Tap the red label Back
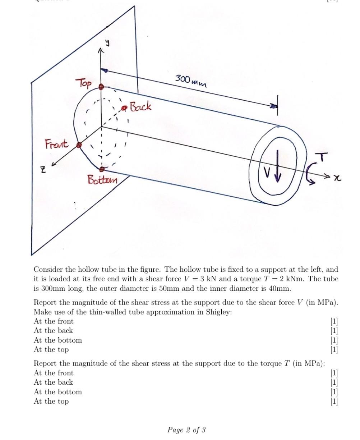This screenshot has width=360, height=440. coord(140,106)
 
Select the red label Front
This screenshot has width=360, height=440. coord(56,145)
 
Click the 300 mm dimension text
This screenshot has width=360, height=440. coord(191,81)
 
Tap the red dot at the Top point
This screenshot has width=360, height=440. coord(101,87)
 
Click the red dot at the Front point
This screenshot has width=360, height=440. coord(79,145)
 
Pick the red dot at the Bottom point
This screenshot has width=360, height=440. coord(102,169)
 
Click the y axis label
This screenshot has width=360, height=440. coord(107,44)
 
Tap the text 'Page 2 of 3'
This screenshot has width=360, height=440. coord(186,430)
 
